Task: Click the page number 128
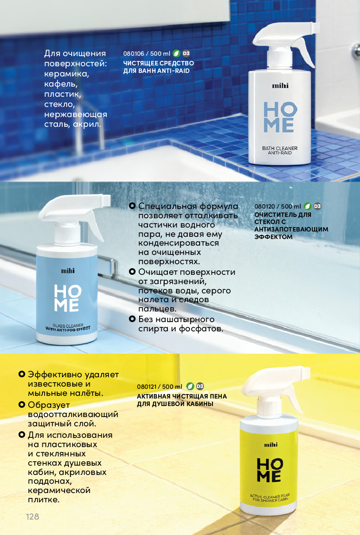(32, 516)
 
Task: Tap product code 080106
(134, 53)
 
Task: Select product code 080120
(265, 206)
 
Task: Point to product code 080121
(147, 387)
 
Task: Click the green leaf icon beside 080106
(176, 53)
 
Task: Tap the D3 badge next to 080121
(200, 386)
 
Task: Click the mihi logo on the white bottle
(280, 86)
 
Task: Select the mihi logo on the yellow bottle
(271, 444)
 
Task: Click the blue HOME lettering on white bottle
(280, 117)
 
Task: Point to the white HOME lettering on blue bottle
(68, 298)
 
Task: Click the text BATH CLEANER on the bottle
(280, 148)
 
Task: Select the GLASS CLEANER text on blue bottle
(68, 326)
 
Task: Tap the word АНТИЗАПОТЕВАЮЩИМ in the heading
(291, 229)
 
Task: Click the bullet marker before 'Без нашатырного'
(132, 319)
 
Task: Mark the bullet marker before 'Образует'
(22, 404)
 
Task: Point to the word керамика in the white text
(67, 74)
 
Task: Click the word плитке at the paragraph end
(44, 499)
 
